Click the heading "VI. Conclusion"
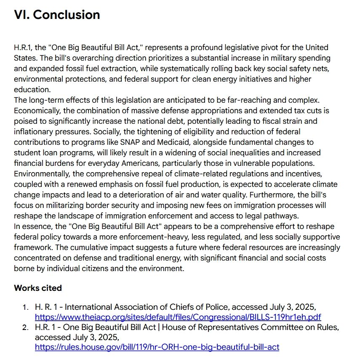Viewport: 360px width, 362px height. (x=57, y=15)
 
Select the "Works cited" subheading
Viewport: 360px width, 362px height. (x=38, y=288)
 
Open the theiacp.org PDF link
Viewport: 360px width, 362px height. (x=178, y=317)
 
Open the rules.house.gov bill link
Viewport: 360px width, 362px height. (x=157, y=347)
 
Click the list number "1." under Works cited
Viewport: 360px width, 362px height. (x=26, y=307)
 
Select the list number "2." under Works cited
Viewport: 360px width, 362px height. (x=26, y=327)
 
